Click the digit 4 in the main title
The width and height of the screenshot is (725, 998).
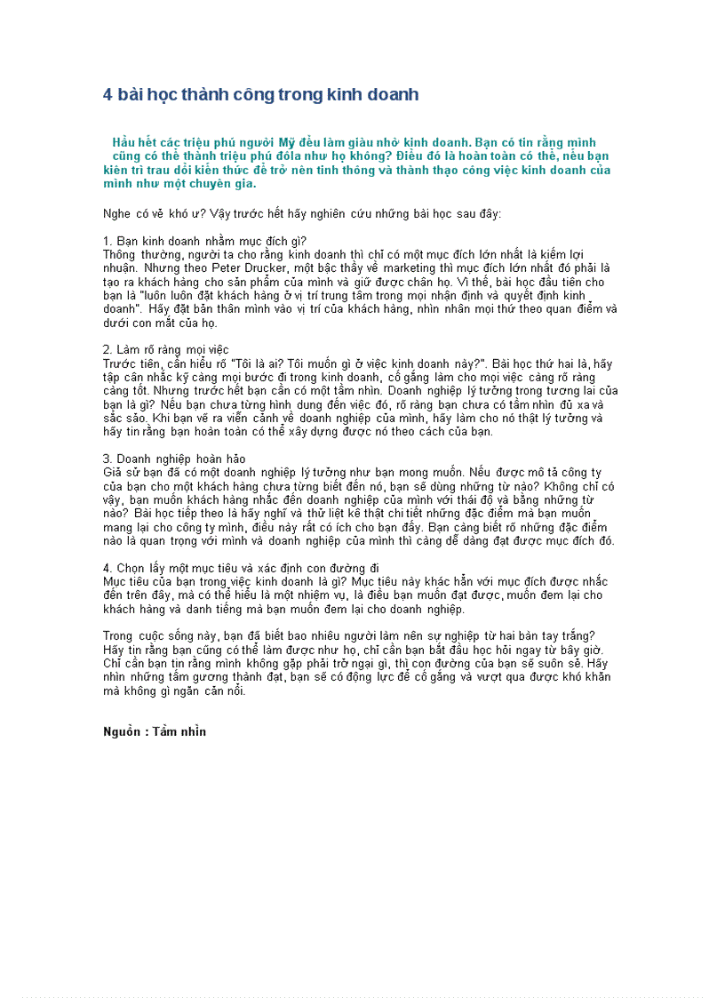(108, 95)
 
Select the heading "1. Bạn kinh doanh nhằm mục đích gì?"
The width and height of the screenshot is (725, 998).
(204, 242)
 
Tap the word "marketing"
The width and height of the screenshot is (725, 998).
(411, 267)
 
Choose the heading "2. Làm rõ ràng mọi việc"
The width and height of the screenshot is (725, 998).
(166, 350)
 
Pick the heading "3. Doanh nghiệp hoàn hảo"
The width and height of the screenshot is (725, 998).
(174, 459)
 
